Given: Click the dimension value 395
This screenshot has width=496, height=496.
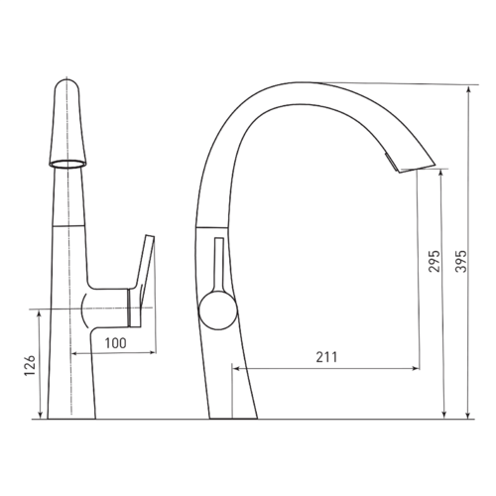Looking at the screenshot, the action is click(461, 261).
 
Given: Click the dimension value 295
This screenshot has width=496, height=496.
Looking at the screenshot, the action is click(434, 261).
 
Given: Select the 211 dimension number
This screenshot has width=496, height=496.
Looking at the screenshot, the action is click(326, 357).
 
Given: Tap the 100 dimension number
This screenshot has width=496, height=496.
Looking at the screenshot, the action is click(115, 343).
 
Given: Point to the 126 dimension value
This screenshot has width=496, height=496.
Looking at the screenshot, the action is click(30, 365).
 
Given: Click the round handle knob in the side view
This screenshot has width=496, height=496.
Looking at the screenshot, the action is click(218, 310).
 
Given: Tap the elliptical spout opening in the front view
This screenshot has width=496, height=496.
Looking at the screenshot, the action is click(67, 164).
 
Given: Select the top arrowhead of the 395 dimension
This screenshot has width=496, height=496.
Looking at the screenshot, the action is click(468, 89).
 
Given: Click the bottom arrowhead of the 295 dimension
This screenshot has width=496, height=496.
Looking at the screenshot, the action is click(444, 415).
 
